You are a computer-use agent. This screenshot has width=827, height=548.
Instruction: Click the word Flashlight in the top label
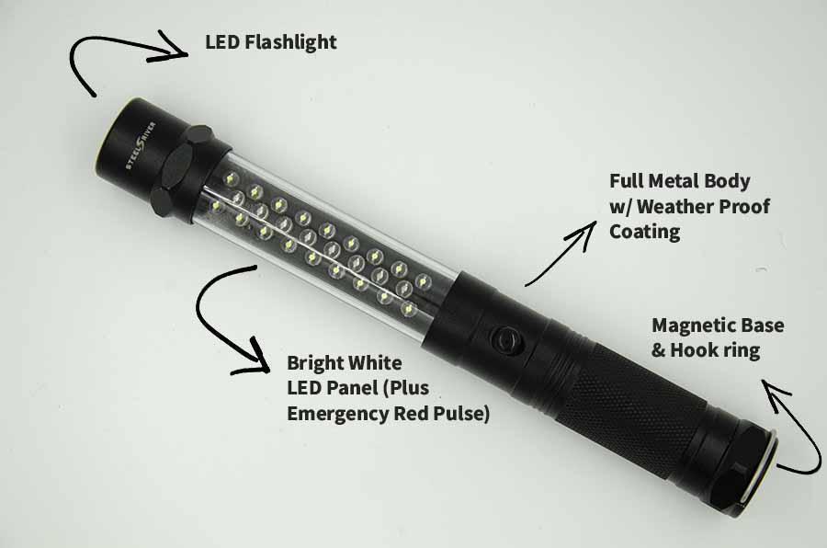click(291, 42)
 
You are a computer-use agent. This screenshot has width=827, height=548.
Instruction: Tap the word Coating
click(644, 232)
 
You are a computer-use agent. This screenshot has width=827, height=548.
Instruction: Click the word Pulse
click(463, 413)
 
